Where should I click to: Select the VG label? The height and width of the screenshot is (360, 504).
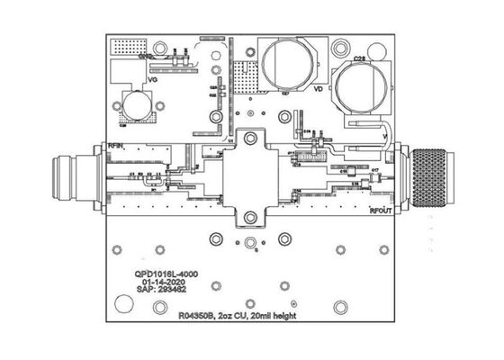coord(153,81)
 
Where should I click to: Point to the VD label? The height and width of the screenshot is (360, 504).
coord(317,90)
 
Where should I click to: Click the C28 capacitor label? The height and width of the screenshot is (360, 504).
coord(359,58)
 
